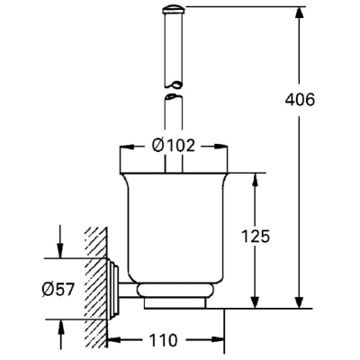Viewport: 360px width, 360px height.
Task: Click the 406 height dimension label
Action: [300, 100]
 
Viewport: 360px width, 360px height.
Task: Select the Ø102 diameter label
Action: [174, 146]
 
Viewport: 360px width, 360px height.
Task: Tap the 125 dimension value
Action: [256, 236]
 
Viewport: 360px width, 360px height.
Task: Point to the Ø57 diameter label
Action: [58, 290]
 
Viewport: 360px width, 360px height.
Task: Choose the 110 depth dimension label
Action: [163, 340]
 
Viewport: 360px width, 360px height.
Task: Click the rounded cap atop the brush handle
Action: [174, 10]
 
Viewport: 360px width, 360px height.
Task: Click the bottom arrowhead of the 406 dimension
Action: [299, 300]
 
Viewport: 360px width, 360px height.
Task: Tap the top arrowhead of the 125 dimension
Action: [255, 181]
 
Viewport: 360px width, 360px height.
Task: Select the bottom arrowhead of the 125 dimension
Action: [255, 300]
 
